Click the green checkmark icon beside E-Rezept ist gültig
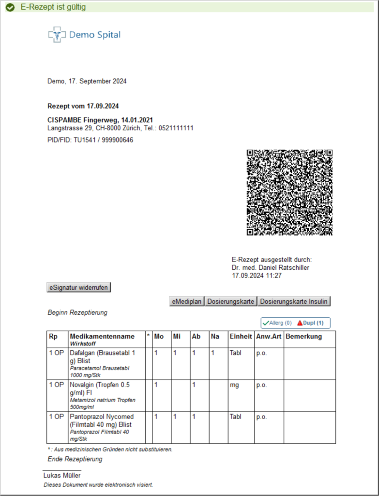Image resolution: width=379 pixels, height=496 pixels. pyautogui.click(x=10, y=7)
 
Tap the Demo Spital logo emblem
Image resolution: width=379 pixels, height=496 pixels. pyautogui.click(x=57, y=35)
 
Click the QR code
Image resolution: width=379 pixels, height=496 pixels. pyautogui.click(x=289, y=192)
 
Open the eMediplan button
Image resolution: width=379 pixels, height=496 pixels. pyautogui.click(x=187, y=301)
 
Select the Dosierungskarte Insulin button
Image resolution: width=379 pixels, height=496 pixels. pyautogui.click(x=294, y=301)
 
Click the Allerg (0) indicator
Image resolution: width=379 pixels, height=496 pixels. pyautogui.click(x=277, y=323)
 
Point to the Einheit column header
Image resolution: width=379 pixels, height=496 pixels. pyautogui.click(x=241, y=336)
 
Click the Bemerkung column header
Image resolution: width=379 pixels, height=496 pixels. pyautogui.click(x=303, y=336)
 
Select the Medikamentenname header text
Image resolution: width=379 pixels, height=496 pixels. pyautogui.click(x=102, y=336)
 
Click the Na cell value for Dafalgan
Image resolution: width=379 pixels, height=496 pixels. pyautogui.click(x=212, y=353)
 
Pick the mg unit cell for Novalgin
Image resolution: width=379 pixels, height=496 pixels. pyautogui.click(x=234, y=385)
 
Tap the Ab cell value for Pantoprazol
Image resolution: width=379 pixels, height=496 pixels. pyautogui.click(x=194, y=417)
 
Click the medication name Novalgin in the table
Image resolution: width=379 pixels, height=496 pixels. pyautogui.click(x=83, y=385)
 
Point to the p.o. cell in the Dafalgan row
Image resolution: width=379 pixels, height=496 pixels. pyautogui.click(x=261, y=353)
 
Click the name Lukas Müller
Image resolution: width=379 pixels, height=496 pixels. pyautogui.click(x=62, y=475)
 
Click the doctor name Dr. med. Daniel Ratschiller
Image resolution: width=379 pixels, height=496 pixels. pyautogui.click(x=270, y=267)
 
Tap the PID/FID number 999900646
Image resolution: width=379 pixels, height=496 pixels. pyautogui.click(x=117, y=140)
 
